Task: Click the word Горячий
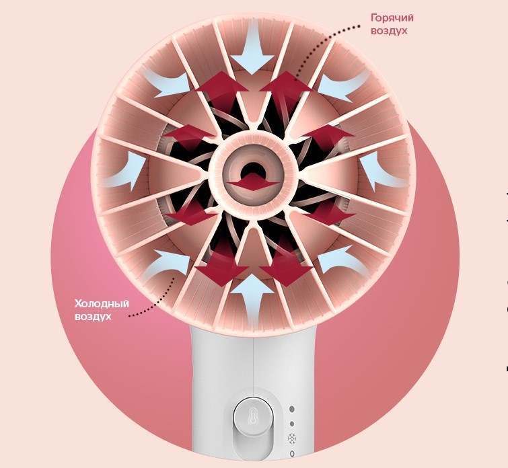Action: pos(392,18)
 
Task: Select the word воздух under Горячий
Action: pos(389,31)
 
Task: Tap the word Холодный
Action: pos(102,304)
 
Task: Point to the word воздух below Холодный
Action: pos(93,317)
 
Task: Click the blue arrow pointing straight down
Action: pos(252,48)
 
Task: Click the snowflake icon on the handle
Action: pos(292,439)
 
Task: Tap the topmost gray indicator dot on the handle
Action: pos(292,409)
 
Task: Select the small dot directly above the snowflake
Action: pos(292,424)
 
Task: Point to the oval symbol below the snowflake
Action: pos(292,454)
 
